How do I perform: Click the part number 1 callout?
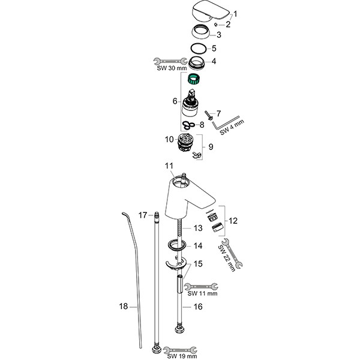click(x=236, y=13)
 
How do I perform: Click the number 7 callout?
click(x=218, y=112)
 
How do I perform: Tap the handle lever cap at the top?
click(x=208, y=12)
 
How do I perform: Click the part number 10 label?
click(x=169, y=139)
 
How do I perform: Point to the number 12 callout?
click(x=233, y=221)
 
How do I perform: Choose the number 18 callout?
click(x=124, y=306)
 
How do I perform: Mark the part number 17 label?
click(x=143, y=215)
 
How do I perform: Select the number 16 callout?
click(x=197, y=306)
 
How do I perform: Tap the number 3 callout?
click(x=227, y=35)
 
